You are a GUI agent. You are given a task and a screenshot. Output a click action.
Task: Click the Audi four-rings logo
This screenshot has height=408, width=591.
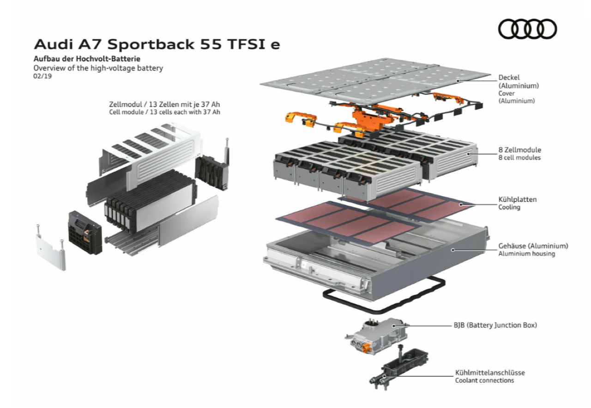[x=527, y=29]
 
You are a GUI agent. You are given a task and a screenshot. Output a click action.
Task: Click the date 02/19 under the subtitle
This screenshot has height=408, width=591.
[x=42, y=76]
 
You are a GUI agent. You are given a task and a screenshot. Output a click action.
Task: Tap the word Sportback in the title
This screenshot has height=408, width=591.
[x=151, y=44]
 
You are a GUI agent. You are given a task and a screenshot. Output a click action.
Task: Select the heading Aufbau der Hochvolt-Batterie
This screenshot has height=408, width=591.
[x=87, y=59]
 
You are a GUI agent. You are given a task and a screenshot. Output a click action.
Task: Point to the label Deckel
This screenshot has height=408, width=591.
[x=509, y=77]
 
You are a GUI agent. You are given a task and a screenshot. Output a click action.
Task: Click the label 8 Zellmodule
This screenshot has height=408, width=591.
[x=519, y=150]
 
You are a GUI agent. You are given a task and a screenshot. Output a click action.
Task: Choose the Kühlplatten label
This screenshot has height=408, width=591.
[x=518, y=199]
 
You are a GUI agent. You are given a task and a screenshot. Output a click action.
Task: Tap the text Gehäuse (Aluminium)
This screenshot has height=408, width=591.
[x=533, y=246]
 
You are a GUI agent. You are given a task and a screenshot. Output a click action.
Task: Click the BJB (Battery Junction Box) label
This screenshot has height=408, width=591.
[x=495, y=325]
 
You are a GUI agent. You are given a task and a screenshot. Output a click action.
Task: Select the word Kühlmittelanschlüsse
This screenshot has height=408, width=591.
[x=490, y=372]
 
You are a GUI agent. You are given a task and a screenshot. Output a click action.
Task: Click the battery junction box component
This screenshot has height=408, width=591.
[x=376, y=336]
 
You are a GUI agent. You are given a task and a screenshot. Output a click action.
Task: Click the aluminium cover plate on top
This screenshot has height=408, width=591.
[x=374, y=79]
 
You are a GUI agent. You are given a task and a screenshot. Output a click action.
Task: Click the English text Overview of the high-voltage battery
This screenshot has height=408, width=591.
[x=98, y=68]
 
